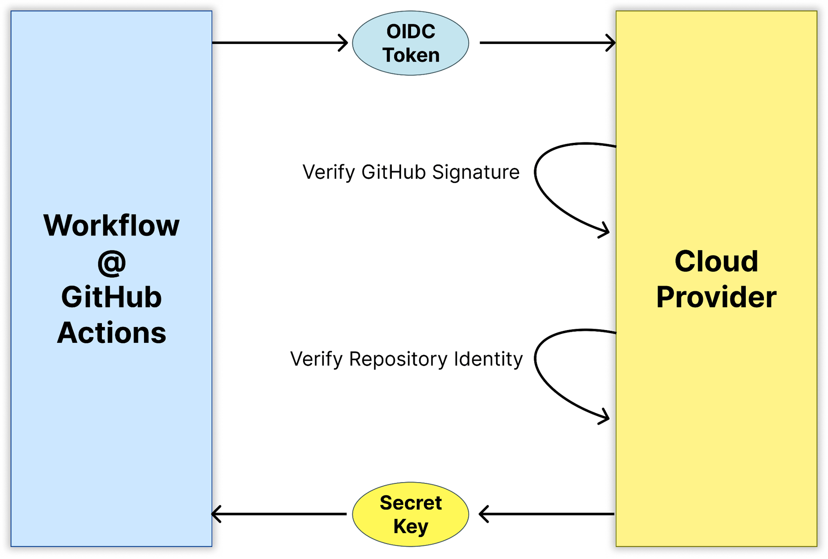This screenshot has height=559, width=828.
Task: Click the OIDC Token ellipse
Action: [411, 43]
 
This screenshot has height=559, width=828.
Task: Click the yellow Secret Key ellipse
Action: [411, 514]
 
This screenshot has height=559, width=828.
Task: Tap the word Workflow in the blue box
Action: [112, 226]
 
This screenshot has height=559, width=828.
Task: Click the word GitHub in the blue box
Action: [112, 298]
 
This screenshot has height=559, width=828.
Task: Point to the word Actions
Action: [112, 333]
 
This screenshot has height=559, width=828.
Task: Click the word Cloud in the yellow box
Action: [716, 261]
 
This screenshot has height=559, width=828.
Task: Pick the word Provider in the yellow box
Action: [716, 298]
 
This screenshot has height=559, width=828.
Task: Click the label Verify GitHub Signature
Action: [411, 172]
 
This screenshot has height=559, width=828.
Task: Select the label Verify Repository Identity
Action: [406, 359]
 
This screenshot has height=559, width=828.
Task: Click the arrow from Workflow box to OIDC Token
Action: [281, 43]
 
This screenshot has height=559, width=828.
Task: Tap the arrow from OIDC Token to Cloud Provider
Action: [545, 43]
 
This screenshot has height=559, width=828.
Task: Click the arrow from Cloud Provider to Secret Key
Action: [545, 514]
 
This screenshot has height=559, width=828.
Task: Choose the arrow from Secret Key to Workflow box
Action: [281, 514]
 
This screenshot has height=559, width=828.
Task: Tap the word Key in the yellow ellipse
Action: [411, 526]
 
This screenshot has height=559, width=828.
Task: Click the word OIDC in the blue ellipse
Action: [411, 32]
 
